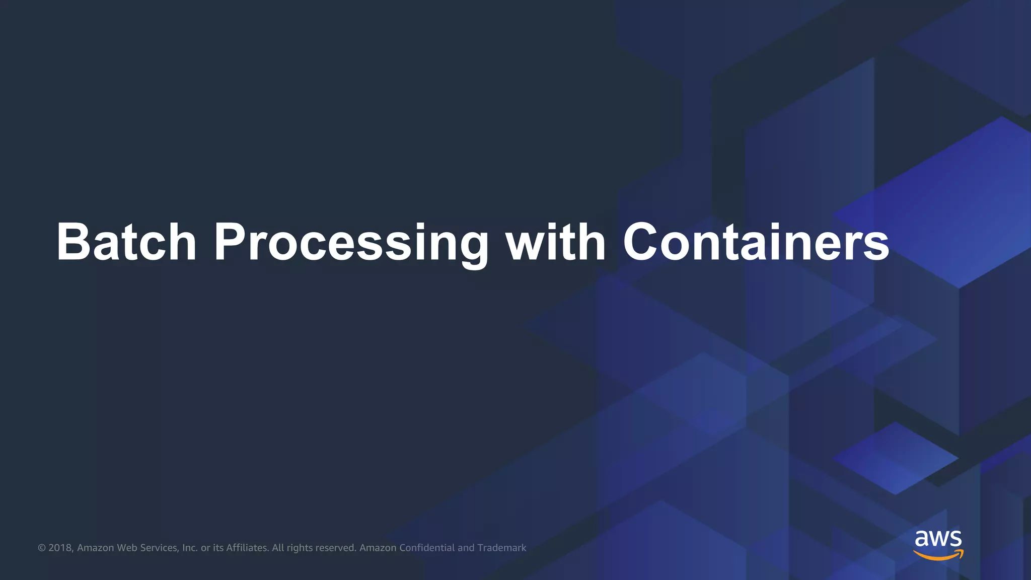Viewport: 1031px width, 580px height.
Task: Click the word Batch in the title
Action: (x=126, y=242)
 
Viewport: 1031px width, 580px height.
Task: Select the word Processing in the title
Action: (x=351, y=242)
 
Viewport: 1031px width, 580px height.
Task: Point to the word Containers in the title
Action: (x=756, y=242)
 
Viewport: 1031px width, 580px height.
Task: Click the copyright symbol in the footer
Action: (x=42, y=548)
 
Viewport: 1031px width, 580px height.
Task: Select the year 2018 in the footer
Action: (x=60, y=548)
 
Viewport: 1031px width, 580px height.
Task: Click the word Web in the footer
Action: (x=127, y=548)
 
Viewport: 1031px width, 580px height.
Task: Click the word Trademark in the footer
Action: (x=502, y=548)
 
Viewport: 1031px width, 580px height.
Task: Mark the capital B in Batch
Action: (x=75, y=242)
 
